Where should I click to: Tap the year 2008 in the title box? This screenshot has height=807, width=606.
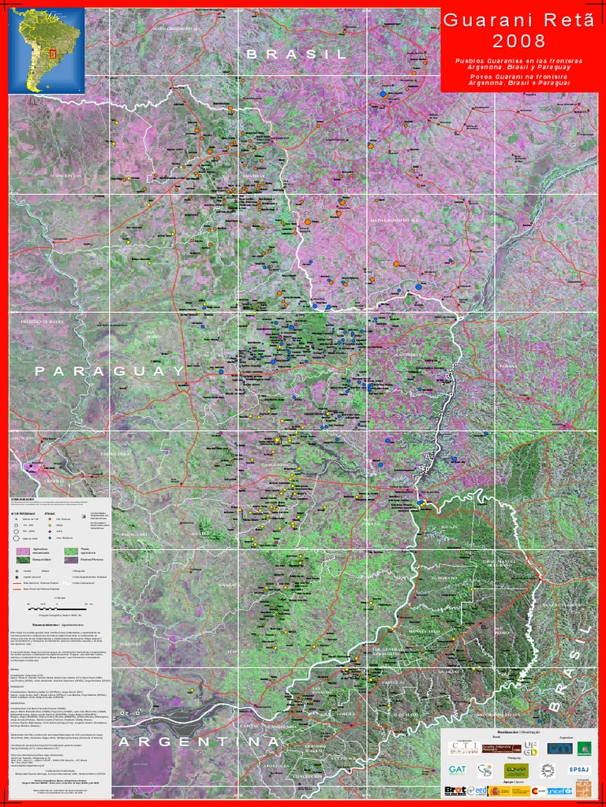[518, 40]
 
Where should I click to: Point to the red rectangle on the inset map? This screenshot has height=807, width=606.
[53, 55]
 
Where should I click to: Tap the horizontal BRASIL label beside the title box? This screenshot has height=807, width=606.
[297, 54]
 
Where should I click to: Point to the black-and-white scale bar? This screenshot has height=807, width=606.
[60, 607]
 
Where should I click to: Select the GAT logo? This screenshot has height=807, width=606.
[457, 769]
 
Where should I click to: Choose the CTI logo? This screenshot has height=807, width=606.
[463, 747]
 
